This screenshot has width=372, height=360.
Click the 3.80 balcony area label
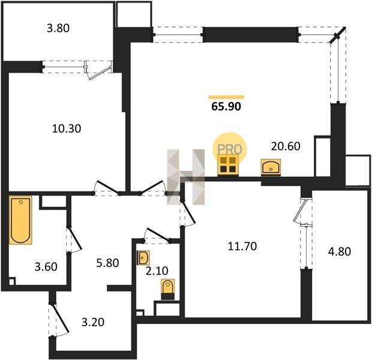58,28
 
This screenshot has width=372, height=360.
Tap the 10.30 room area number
67,128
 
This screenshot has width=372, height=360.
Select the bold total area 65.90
226,107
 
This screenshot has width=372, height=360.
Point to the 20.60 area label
286,146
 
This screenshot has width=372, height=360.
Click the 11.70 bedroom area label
242,246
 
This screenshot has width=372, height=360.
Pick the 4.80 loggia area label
340,251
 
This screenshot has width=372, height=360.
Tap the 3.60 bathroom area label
46,267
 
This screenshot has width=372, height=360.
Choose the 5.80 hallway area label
107,263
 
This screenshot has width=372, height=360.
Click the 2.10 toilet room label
157,271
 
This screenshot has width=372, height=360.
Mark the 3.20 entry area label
93,322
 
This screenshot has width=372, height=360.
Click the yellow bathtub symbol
20,220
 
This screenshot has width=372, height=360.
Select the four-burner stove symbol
228,164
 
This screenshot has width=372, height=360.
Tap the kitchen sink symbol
271,167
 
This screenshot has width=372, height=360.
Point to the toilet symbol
168,289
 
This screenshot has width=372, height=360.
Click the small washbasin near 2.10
143,257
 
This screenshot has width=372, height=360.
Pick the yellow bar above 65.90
226,97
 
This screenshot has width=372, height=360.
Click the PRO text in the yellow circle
230,149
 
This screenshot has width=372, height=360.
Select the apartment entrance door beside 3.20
59,319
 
